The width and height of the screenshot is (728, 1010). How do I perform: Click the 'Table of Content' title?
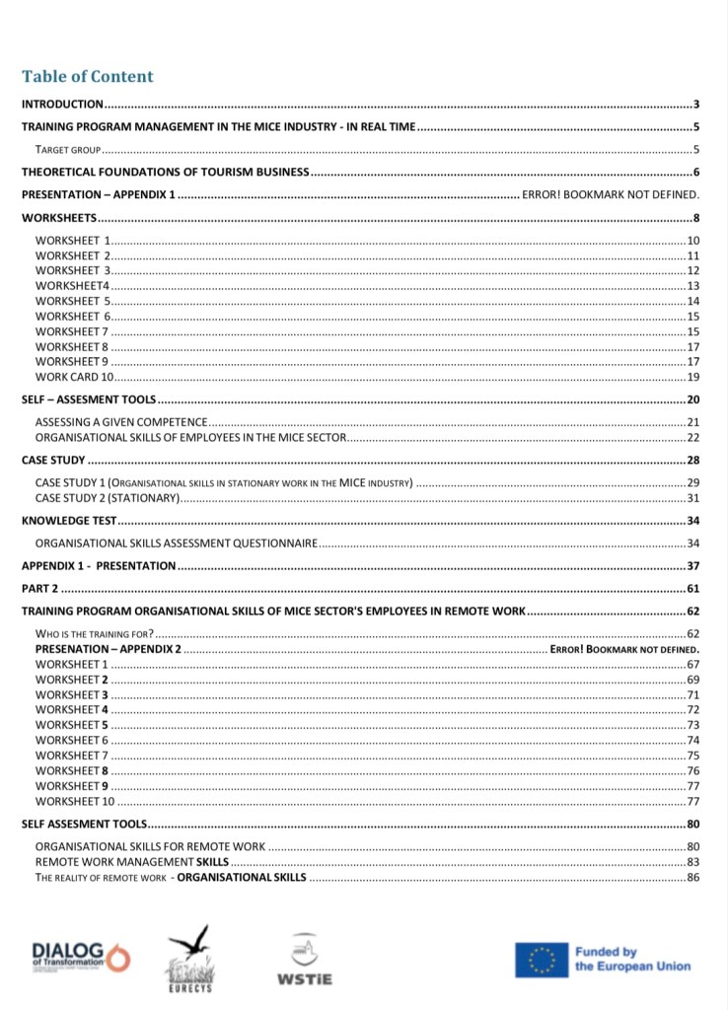[88, 77]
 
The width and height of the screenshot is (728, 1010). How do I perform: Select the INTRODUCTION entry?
[62, 104]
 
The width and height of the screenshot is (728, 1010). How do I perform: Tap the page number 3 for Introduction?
[695, 104]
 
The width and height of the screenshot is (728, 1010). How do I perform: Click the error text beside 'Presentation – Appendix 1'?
[610, 195]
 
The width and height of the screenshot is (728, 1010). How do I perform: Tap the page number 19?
[692, 377]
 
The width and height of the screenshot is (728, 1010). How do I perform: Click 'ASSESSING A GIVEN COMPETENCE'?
[120, 422]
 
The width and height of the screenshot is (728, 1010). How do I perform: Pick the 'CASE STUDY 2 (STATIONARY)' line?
[107, 498]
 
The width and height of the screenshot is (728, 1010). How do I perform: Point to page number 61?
[692, 589]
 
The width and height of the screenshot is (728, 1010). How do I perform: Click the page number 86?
[692, 877]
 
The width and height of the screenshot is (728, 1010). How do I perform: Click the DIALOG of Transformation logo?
[79, 955]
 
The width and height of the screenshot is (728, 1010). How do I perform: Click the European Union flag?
[541, 960]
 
